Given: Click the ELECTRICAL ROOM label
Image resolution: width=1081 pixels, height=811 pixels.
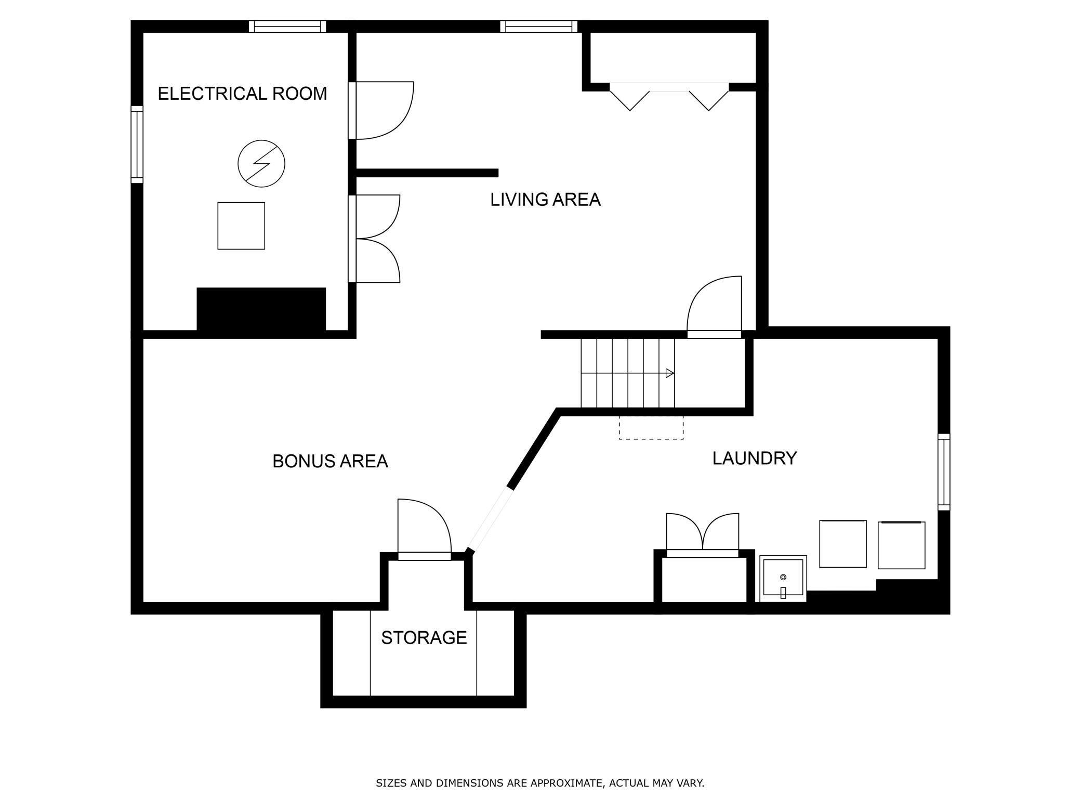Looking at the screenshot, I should pyautogui.click(x=242, y=94).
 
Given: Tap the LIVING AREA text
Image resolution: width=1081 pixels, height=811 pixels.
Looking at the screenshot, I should pyautogui.click(x=545, y=200).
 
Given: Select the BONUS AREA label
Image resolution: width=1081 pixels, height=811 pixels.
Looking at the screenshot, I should pyautogui.click(x=330, y=461).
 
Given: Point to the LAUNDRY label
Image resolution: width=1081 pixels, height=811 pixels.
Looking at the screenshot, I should pyautogui.click(x=754, y=458).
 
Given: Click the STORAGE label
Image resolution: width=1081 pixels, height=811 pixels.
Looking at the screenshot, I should pyautogui.click(x=424, y=637).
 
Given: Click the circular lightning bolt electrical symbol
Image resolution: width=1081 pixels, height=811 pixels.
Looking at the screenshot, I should pyautogui.click(x=261, y=164).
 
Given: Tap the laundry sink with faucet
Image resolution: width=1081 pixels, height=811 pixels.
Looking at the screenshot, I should pyautogui.click(x=783, y=578).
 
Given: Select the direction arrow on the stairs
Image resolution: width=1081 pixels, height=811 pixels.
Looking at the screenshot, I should pyautogui.click(x=669, y=373).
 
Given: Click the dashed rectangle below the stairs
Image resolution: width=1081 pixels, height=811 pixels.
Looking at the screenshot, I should pyautogui.click(x=651, y=427).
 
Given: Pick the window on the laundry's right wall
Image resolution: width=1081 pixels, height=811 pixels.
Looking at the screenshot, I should pyautogui.click(x=943, y=472).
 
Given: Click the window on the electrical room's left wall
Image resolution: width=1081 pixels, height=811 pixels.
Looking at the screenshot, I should pyautogui.click(x=137, y=145).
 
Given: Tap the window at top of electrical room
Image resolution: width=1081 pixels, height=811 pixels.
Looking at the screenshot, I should pyautogui.click(x=287, y=27).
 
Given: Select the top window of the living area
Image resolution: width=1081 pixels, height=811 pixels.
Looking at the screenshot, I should pyautogui.click(x=538, y=27).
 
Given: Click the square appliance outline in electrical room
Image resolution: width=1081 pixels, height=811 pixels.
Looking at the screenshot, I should pyautogui.click(x=241, y=226).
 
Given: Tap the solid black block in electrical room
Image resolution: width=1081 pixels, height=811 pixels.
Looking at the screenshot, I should pyautogui.click(x=261, y=309).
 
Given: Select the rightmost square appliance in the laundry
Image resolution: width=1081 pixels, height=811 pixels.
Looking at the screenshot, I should pyautogui.click(x=901, y=545).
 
